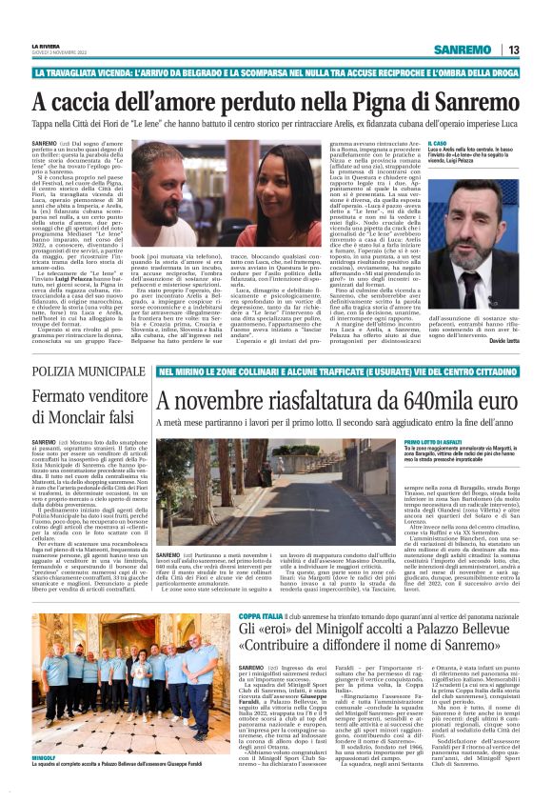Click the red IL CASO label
[438, 140]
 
